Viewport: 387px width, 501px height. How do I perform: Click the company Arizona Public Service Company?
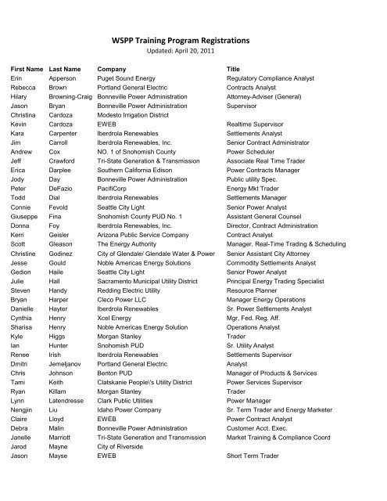point(139,239)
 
